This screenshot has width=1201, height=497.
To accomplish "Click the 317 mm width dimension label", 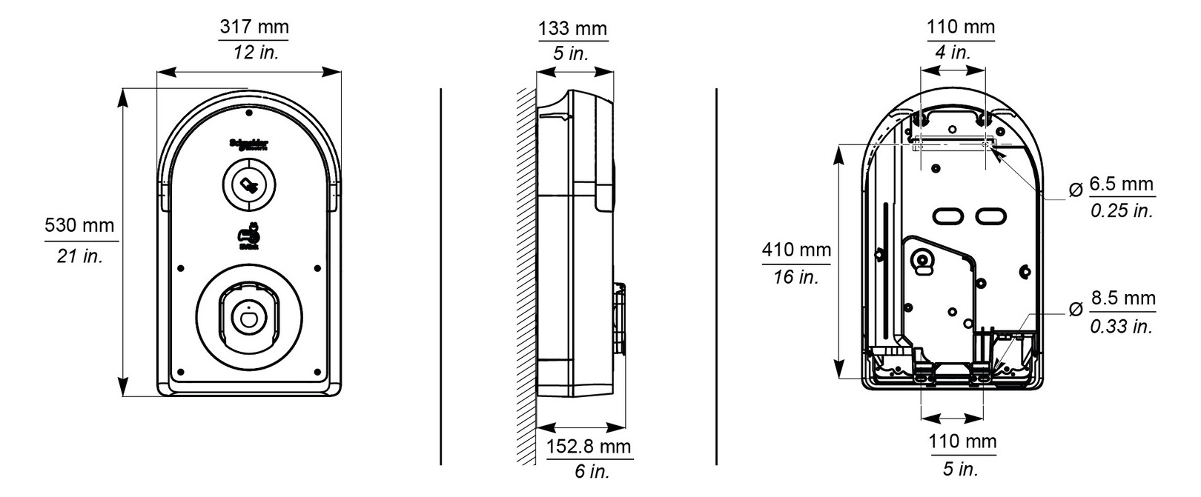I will coord(254,28).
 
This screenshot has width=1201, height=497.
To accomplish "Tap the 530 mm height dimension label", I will coord(80,224).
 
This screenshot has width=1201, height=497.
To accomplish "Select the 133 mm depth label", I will coord(572,29).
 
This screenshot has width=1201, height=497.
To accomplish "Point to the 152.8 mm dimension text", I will coord(589,447).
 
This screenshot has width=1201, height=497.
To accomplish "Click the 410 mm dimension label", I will coord(796,250).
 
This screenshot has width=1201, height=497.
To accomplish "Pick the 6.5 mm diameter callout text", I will coord(1122,184).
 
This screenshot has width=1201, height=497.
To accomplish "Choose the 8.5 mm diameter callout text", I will coord(1122,298).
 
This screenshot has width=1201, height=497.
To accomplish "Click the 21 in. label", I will coord(80,256).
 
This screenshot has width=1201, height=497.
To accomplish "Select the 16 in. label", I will coord(796,277).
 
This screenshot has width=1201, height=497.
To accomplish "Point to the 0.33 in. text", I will coord(1121,326).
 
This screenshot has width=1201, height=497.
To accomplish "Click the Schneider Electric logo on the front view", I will coord(249,144).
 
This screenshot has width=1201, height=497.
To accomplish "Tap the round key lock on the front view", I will coord(249,185).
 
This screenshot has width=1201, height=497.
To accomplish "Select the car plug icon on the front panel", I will coord(249,236).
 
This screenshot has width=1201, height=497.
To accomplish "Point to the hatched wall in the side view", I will coord(526,274).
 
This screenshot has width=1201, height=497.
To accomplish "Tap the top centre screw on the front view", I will coord(249,113).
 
